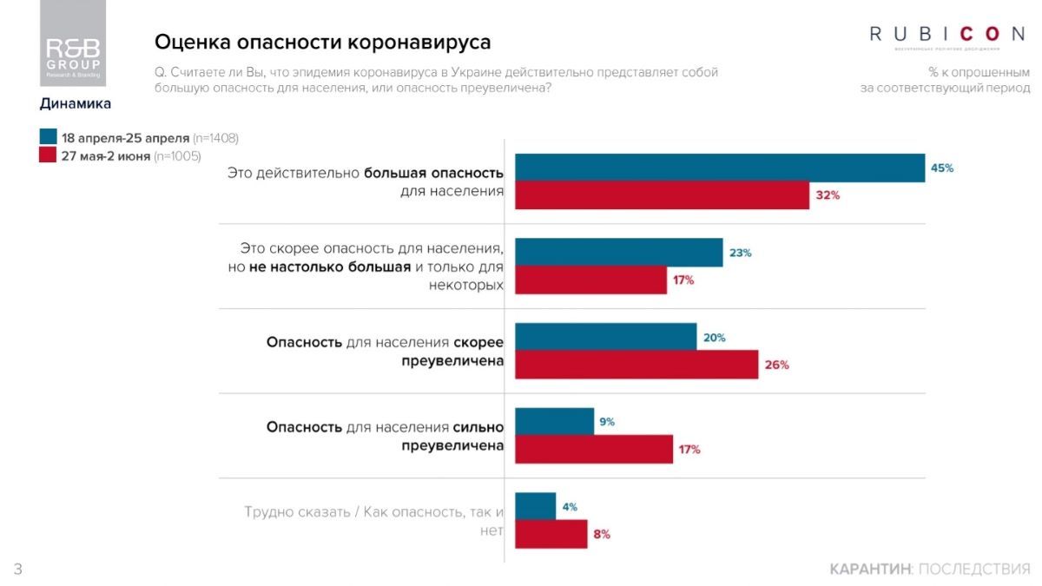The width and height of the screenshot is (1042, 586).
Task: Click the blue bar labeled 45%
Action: tap(719, 168)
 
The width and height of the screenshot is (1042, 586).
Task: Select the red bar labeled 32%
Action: tap(662, 195)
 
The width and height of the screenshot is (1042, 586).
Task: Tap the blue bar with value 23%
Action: tap(618, 253)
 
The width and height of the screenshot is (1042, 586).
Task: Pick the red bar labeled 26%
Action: tap(636, 365)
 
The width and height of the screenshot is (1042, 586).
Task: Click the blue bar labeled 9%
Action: tap(554, 421)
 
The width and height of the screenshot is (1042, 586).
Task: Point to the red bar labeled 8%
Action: tap(551, 534)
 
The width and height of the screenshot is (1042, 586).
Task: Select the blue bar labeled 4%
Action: tap(535, 506)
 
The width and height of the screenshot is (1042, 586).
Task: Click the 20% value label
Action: tap(714, 338)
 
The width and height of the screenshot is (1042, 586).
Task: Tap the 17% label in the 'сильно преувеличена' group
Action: tap(689, 450)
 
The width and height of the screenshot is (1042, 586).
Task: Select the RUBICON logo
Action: tap(947, 35)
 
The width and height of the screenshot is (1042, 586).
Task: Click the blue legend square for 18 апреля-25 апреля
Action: tap(48, 138)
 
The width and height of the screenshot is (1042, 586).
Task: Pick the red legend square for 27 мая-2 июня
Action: tap(48, 156)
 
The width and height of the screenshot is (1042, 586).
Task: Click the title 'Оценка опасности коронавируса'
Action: tap(322, 42)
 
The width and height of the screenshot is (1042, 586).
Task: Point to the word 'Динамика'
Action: tap(76, 104)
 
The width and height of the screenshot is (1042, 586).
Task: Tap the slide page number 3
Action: tap(17, 569)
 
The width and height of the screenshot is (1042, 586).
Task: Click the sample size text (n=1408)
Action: tap(215, 138)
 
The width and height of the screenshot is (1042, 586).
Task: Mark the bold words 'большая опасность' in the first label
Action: tap(433, 173)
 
